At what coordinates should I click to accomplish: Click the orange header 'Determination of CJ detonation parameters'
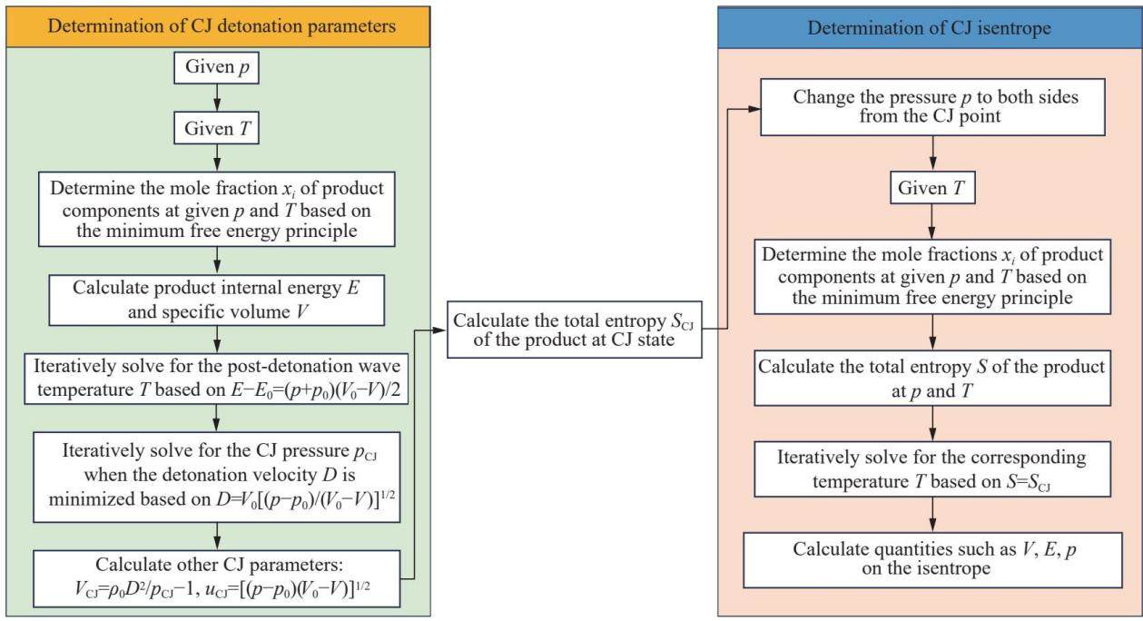(x=218, y=26)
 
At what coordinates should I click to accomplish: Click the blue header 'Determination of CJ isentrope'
(x=930, y=27)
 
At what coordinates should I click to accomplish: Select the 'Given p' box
(x=216, y=67)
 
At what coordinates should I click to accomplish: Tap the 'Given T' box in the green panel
(x=216, y=129)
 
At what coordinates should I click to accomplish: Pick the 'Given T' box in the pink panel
(x=932, y=188)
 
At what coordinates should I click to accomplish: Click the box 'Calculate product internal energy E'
(x=216, y=300)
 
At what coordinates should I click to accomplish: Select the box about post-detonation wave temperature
(x=216, y=379)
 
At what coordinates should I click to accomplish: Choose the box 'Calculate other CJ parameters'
(x=216, y=578)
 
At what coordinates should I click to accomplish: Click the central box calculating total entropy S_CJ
(x=575, y=330)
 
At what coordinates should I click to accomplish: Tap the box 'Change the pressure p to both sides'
(x=932, y=106)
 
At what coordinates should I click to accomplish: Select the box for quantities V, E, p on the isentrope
(x=932, y=560)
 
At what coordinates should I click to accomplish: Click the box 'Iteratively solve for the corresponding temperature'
(x=932, y=469)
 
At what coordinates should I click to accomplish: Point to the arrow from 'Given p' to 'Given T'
(x=217, y=97)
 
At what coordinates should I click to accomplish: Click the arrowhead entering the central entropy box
(x=439, y=330)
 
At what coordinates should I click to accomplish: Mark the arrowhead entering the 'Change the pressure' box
(x=754, y=109)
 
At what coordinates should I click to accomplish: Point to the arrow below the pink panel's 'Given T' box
(x=932, y=222)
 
